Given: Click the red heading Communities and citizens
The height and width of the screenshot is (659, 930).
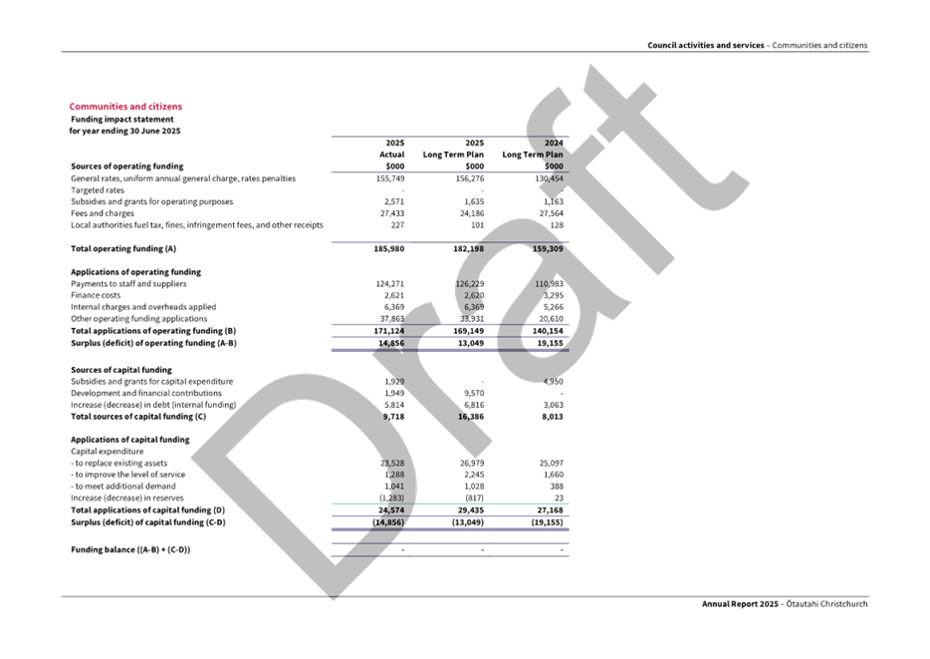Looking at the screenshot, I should tap(125, 106).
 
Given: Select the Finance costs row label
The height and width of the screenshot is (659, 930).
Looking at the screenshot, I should tap(96, 295).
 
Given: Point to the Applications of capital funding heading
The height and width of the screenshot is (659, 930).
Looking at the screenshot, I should tap(129, 439).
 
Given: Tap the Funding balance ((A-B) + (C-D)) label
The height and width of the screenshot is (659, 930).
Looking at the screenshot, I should tap(130, 549).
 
